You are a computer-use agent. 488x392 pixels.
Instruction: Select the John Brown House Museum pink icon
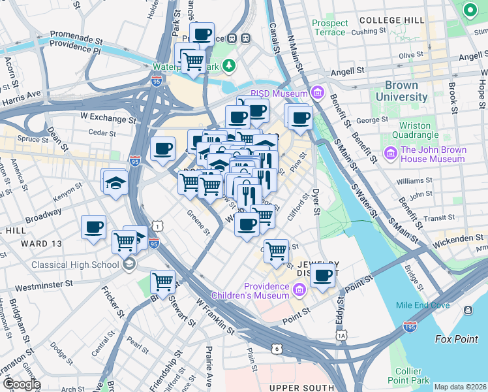coord(391,154)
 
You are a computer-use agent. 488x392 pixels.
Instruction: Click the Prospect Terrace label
coord(330,27)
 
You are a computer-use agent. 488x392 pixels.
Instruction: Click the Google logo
coord(21,384)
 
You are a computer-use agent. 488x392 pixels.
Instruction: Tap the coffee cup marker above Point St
coord(322,275)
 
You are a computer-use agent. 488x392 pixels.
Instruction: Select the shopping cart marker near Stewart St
coord(162,282)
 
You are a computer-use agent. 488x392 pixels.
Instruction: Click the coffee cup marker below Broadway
coord(94,227)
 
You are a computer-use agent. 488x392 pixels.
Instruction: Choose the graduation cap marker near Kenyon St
coord(114,181)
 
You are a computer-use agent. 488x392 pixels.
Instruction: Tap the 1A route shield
coord(342,335)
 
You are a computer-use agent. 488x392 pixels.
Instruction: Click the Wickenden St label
coord(460,238)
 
